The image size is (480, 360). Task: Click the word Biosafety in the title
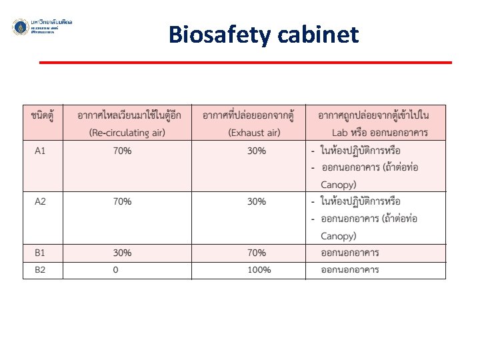click(x=211, y=34)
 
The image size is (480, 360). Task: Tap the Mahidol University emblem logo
click(x=21, y=27)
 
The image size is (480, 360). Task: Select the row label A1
click(x=41, y=151)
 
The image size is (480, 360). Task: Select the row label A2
click(x=41, y=201)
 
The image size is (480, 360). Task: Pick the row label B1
click(x=41, y=253)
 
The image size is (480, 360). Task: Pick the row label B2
click(x=41, y=270)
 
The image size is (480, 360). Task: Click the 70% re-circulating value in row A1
click(x=122, y=151)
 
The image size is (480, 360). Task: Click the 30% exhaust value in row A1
click(x=257, y=151)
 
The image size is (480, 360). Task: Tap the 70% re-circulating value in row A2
click(x=122, y=201)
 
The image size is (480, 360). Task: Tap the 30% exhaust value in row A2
click(x=257, y=201)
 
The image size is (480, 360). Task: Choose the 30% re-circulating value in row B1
click(x=122, y=253)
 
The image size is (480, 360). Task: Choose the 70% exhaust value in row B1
click(x=257, y=253)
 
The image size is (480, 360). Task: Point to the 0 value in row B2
click(x=116, y=270)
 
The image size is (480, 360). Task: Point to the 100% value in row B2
click(x=259, y=270)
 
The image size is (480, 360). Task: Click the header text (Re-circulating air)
click(x=127, y=133)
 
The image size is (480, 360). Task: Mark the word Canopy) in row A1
click(x=339, y=185)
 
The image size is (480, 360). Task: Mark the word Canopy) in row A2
click(x=339, y=236)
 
